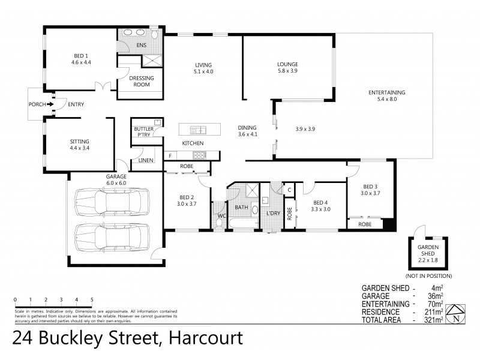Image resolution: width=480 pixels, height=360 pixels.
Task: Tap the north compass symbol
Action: click(458, 314)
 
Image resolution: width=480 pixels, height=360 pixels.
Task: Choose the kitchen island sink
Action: click(198, 129)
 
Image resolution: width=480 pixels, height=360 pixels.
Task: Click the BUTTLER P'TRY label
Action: click(143, 133)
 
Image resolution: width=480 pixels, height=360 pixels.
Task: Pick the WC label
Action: click(221, 215)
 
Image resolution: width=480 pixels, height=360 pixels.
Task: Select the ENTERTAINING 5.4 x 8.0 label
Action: click(387, 95)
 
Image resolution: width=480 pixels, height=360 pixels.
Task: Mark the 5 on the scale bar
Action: click(92, 299)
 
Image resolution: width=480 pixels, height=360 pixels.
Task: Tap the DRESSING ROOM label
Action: click(142, 82)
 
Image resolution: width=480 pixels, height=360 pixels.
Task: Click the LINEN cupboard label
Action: click(145, 160)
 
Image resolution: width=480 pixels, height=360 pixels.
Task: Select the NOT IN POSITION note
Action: click(428, 275)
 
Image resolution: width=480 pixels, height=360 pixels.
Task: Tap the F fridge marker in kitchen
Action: click(170, 156)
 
